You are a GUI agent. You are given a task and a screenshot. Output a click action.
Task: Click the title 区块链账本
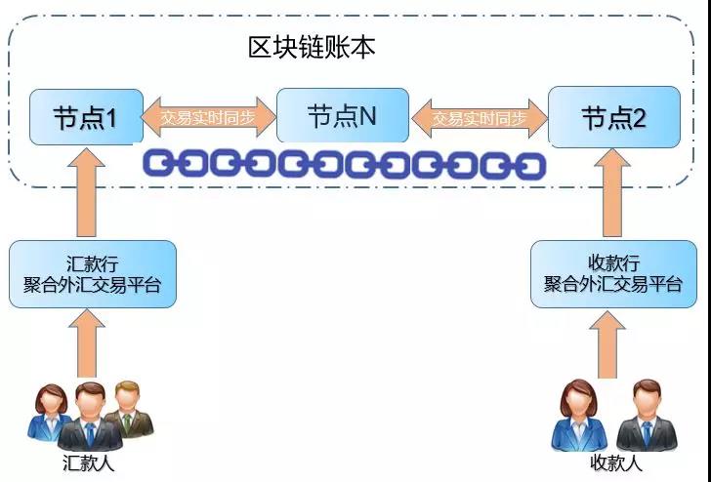pyautogui.click(x=311, y=48)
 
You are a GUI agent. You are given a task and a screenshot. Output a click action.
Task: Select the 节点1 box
pyautogui.click(x=86, y=117)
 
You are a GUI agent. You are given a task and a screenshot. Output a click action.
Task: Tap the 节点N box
pyautogui.click(x=342, y=116)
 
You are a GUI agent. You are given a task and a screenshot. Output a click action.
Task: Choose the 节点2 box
pyautogui.click(x=613, y=118)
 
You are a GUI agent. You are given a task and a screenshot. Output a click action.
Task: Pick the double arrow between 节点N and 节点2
pyautogui.click(x=479, y=118)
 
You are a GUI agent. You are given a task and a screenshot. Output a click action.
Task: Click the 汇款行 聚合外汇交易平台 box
pyautogui.click(x=93, y=273)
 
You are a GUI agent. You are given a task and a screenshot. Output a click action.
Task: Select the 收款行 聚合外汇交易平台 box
pyautogui.click(x=612, y=274)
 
